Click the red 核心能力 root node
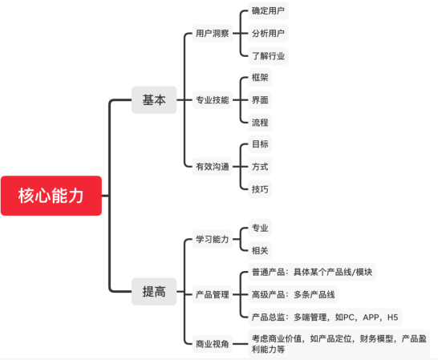51,196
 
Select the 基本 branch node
154,100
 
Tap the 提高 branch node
154,292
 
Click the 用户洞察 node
213,33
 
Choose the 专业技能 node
213,99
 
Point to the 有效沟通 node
213,167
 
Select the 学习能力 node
213,239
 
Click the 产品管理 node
213,294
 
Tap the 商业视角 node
213,344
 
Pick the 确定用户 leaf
268,10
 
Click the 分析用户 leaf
268,33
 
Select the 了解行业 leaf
268,56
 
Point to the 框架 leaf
260,77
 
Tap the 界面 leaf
260,99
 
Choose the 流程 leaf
260,123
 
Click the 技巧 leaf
260,189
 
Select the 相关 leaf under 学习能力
260,250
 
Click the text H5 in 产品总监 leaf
392,318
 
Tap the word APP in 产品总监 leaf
371,318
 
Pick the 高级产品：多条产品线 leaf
294,294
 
